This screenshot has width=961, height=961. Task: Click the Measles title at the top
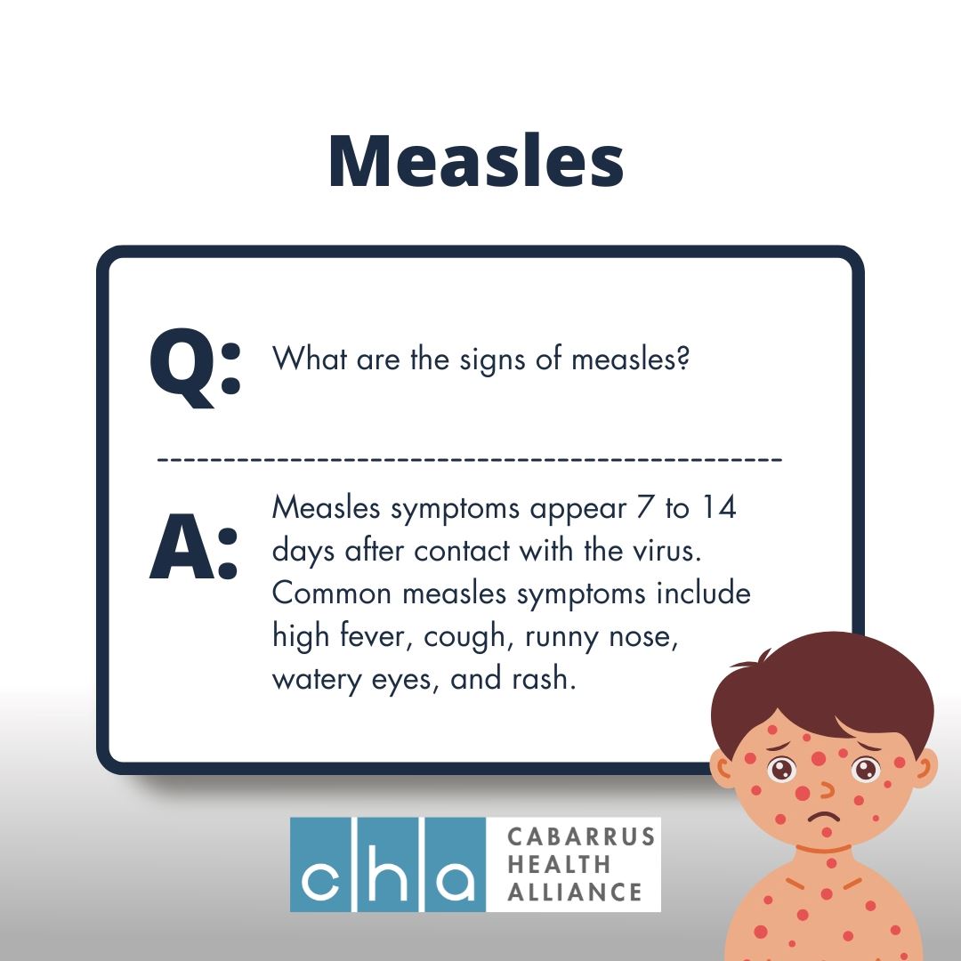pos(476,160)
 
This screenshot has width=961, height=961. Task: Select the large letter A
pos(182,546)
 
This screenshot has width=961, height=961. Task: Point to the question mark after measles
pos(683,358)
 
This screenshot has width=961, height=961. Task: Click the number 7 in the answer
pos(644,507)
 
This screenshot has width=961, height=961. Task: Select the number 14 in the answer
pos(718,507)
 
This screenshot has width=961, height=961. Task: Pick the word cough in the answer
pos(464,637)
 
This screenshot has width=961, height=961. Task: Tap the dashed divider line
pos(470,458)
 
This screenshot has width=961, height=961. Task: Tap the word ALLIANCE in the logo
pos(574,892)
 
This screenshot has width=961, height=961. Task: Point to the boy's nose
pos(828,789)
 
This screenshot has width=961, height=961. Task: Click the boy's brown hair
pos(822,686)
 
